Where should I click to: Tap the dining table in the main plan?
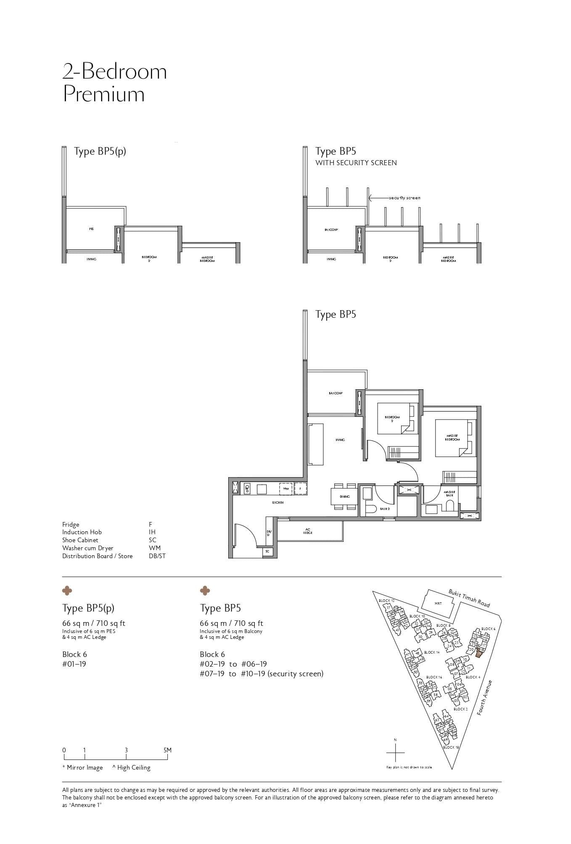click(345, 496)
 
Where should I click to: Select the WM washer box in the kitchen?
click(286, 489)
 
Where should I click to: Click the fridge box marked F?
click(300, 489)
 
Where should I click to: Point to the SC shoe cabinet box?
click(268, 551)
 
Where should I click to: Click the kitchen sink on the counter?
click(247, 489)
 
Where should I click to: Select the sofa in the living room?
click(316, 444)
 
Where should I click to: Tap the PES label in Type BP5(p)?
click(91, 229)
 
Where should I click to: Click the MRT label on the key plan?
click(438, 604)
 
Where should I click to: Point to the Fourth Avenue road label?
click(485, 698)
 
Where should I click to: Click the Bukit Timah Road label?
click(469, 598)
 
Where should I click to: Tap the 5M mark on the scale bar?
click(167, 750)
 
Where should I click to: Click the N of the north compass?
click(395, 740)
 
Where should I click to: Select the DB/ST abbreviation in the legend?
click(154, 556)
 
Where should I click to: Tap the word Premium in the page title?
click(103, 94)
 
